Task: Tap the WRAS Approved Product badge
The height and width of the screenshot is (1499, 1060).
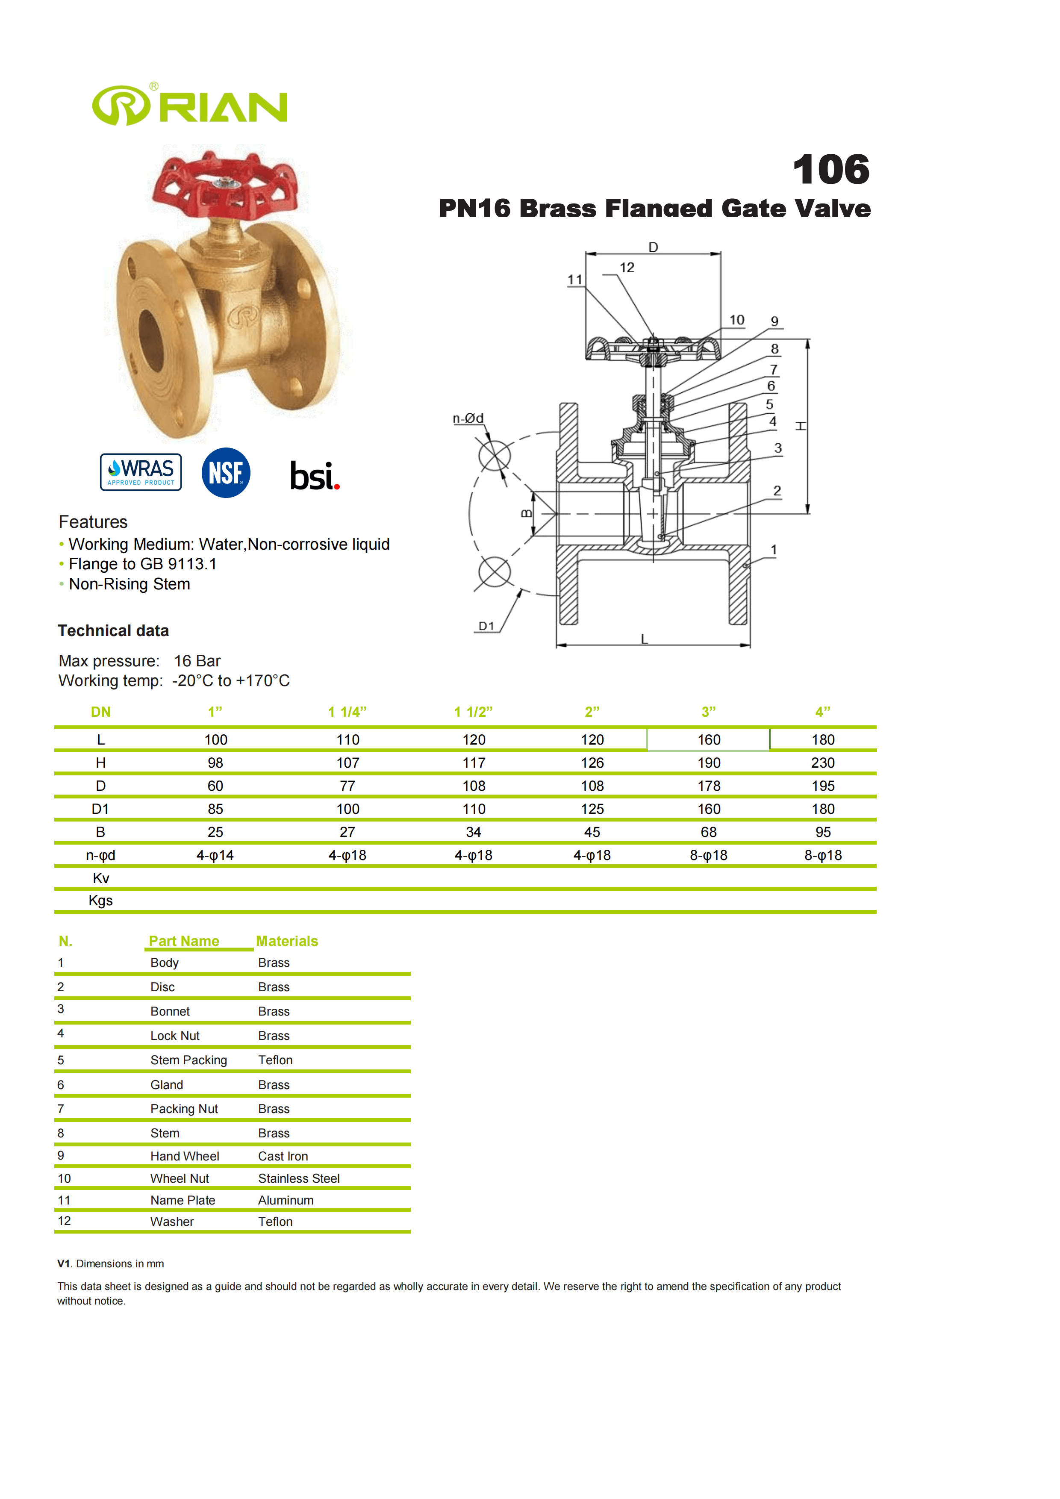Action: point(141,472)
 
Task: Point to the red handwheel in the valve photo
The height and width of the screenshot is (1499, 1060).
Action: point(225,186)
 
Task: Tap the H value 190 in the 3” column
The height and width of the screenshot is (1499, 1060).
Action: point(709,763)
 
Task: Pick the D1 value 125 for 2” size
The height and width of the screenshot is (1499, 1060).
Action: point(592,809)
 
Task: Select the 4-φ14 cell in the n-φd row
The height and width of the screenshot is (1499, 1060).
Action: point(215,855)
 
